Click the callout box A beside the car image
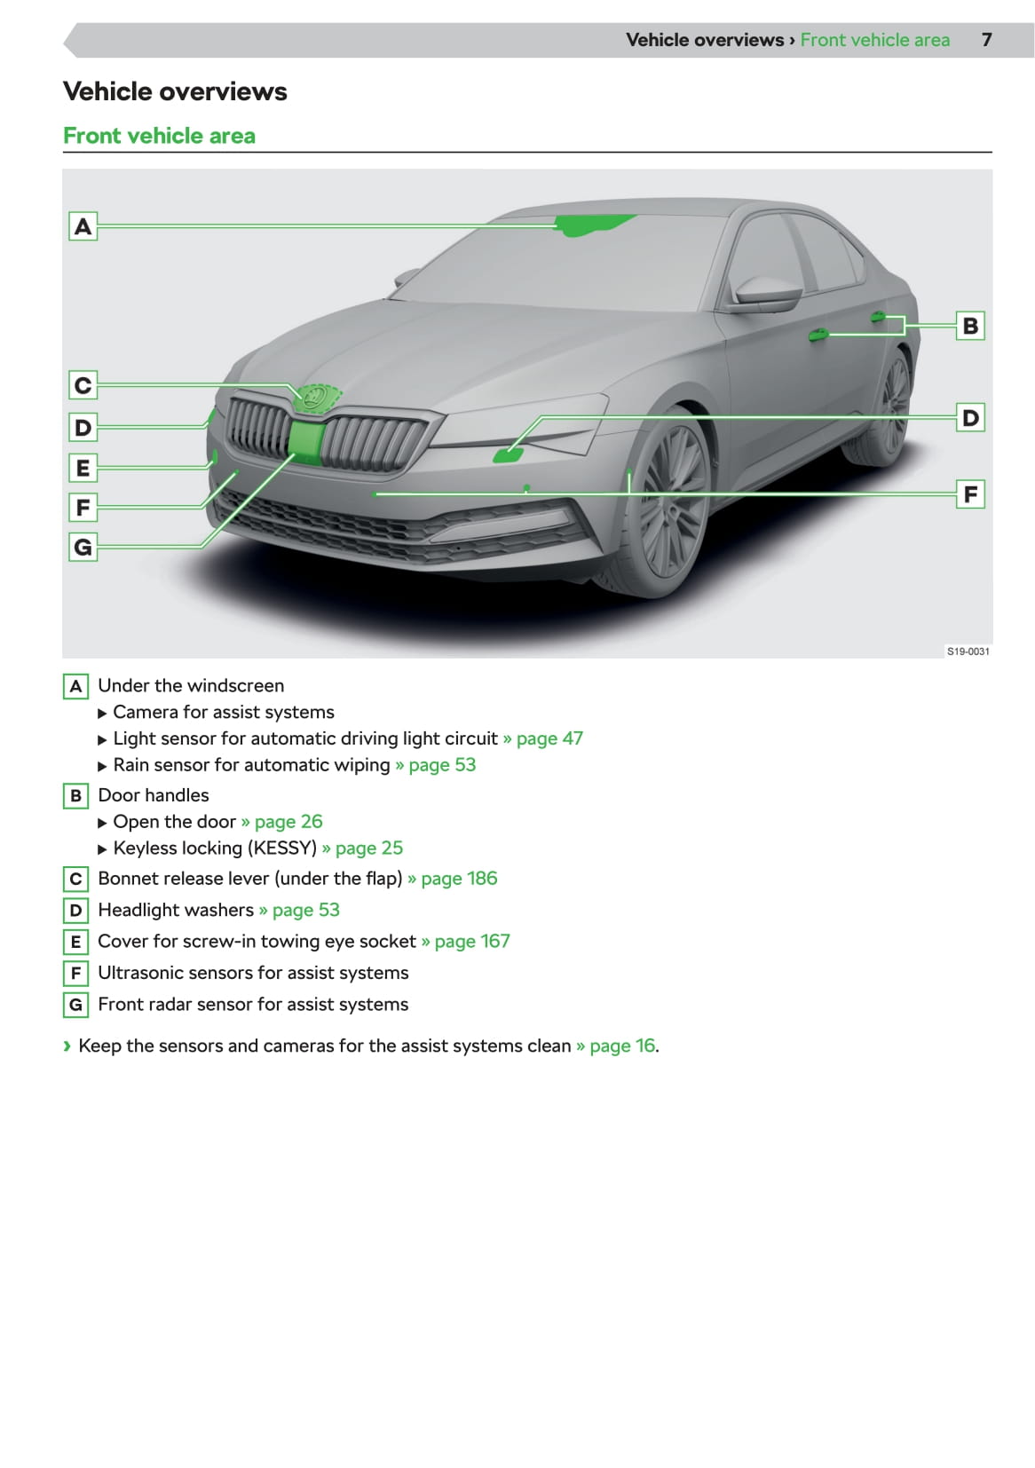[83, 226]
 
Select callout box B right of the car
[970, 326]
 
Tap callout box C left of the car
[83, 385]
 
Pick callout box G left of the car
[83, 547]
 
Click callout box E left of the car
[83, 467]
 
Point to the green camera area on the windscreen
[591, 225]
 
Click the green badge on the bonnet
[315, 399]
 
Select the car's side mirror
[763, 293]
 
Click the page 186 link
[458, 879]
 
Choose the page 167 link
[471, 942]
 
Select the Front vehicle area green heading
[160, 136]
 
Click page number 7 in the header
[986, 40]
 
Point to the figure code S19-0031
[968, 651]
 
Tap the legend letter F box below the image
[75, 974]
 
